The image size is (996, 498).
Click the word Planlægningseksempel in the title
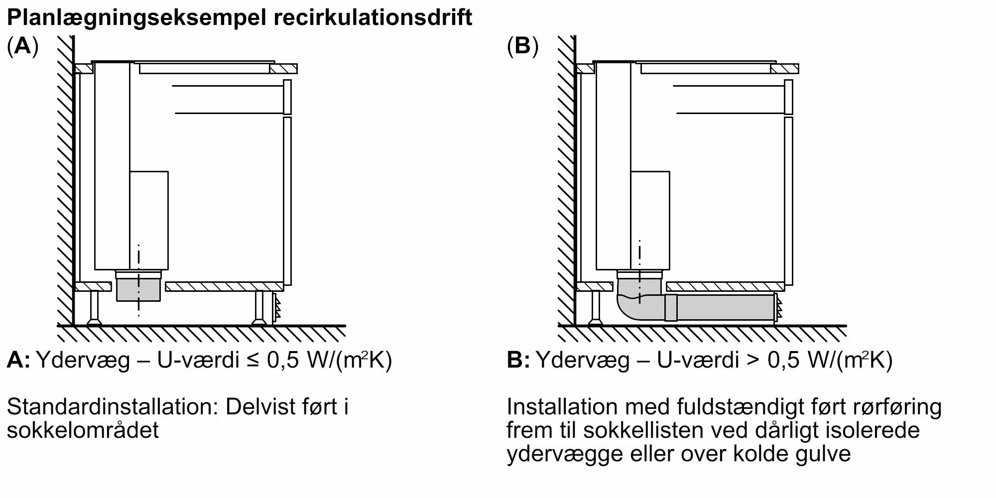point(138,18)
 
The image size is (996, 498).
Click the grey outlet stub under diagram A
point(138,291)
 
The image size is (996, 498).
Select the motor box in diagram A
point(149,220)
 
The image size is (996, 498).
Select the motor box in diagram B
point(650,220)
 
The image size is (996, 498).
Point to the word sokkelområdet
point(83,430)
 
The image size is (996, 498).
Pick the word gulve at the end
point(822,454)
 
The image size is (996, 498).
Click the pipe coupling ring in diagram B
point(671,307)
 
